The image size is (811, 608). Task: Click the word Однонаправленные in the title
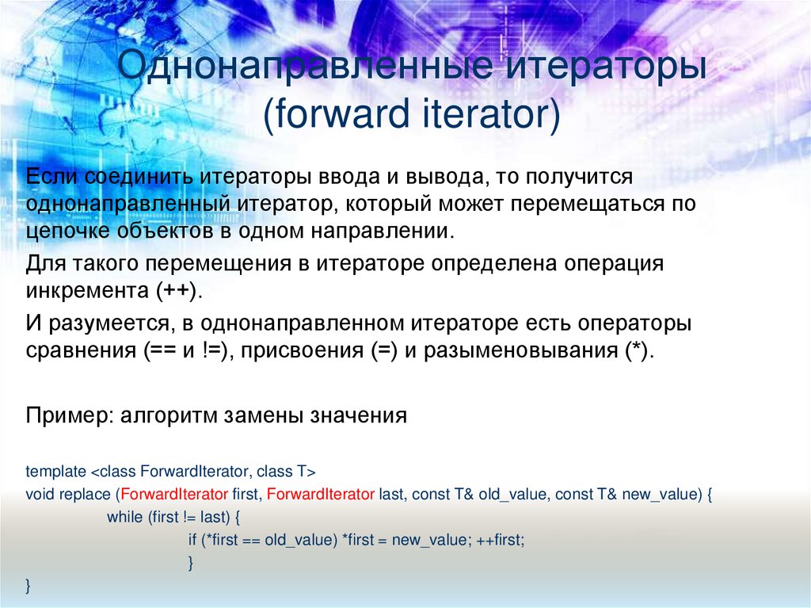(x=305, y=66)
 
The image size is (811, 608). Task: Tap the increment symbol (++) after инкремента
(x=177, y=291)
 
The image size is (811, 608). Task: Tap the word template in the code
(x=56, y=472)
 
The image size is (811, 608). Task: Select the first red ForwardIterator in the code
(x=174, y=494)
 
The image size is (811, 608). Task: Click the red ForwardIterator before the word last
(x=321, y=494)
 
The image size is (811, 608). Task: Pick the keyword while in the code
(x=124, y=517)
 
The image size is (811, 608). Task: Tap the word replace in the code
(x=86, y=495)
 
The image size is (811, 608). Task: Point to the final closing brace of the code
(x=28, y=586)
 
